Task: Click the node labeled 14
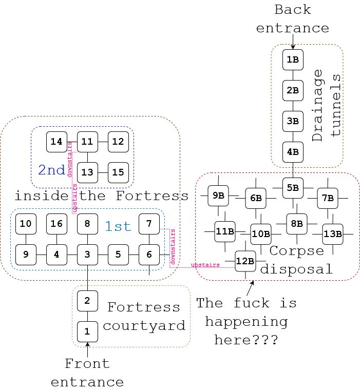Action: pyautogui.click(x=56, y=142)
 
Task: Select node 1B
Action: pyautogui.click(x=293, y=60)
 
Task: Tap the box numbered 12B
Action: pyautogui.click(x=245, y=261)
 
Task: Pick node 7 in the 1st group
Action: pyautogui.click(x=149, y=224)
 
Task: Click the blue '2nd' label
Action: pyautogui.click(x=52, y=170)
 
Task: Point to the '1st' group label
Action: pyautogui.click(x=118, y=226)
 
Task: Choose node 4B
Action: pyautogui.click(x=293, y=152)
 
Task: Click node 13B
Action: pyautogui.click(x=333, y=234)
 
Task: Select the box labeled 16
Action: pyautogui.click(x=56, y=224)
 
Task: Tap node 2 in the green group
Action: pyautogui.click(x=87, y=301)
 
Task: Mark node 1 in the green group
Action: pyautogui.click(x=87, y=331)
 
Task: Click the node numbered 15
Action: pyautogui.click(x=118, y=172)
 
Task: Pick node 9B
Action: pyautogui.click(x=218, y=195)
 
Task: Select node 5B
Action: pyautogui.click(x=293, y=188)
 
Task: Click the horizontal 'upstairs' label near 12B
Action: pyautogui.click(x=205, y=265)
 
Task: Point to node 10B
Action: pyautogui.click(x=261, y=234)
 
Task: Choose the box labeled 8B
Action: pyautogui.click(x=297, y=224)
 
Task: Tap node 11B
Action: pyautogui.click(x=225, y=231)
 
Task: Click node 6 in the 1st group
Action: pyautogui.click(x=149, y=255)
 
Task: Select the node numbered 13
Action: pyautogui.click(x=87, y=172)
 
